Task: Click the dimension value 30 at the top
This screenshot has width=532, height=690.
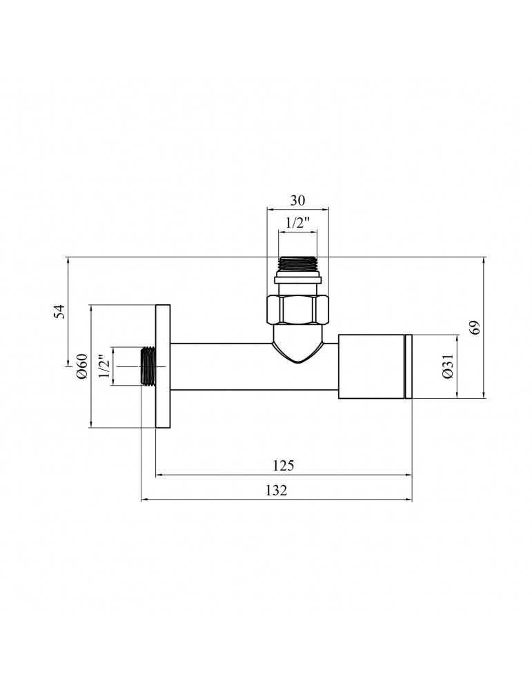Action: click(297, 200)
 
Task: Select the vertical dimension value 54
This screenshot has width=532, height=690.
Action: click(59, 311)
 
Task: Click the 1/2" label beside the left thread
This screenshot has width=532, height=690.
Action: click(104, 366)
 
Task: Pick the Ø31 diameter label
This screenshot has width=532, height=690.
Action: click(448, 366)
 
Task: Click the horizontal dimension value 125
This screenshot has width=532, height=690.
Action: click(284, 465)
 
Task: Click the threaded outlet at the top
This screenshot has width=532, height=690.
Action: click(298, 265)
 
